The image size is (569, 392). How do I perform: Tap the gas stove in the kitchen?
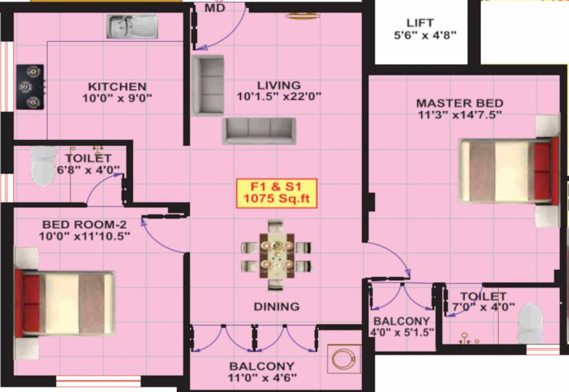tap(30, 87)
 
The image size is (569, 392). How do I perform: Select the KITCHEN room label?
tap(117, 87)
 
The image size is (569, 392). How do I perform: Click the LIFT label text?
tap(420, 23)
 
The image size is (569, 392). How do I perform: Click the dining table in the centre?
tap(276, 256)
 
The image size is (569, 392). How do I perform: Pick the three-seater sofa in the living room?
tap(258, 131)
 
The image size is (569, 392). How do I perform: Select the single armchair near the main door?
tap(208, 85)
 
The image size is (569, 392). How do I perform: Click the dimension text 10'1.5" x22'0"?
tap(279, 96)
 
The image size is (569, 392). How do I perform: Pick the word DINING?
tap(276, 307)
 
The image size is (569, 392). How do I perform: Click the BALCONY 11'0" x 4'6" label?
tap(262, 372)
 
